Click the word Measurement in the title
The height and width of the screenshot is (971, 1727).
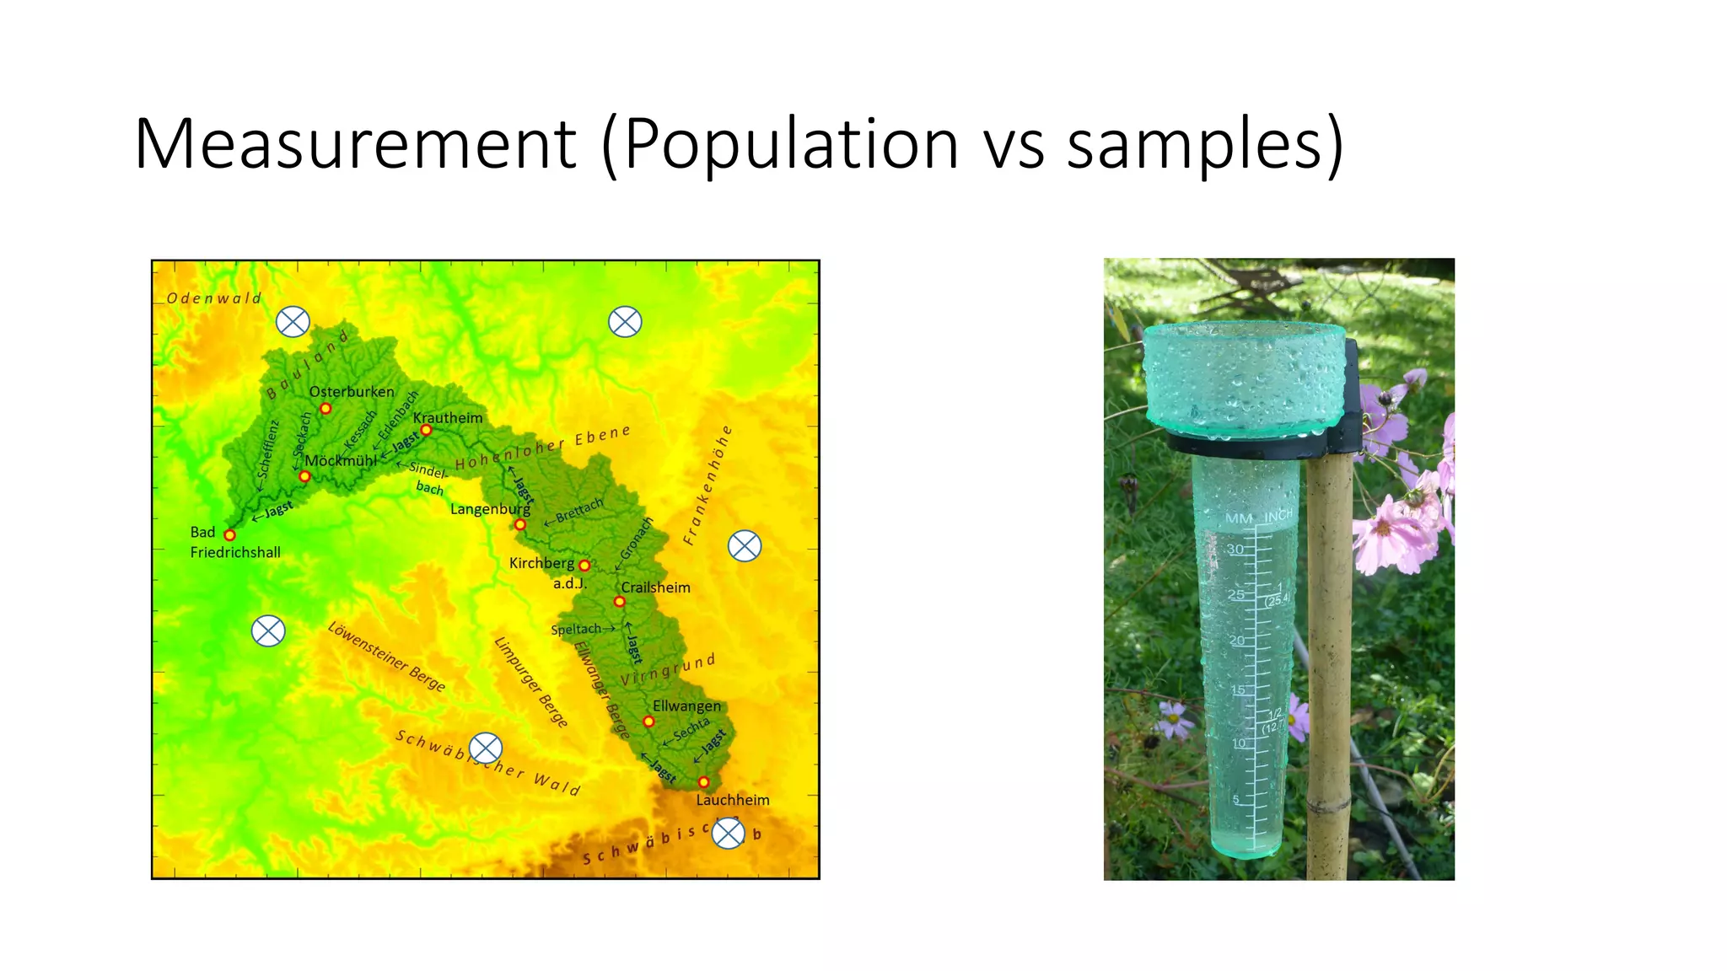pos(355,144)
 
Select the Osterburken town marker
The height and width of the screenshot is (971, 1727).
pos(325,409)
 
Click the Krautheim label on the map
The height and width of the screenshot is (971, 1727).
pos(448,418)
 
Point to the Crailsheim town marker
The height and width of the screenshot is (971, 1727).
pos(619,602)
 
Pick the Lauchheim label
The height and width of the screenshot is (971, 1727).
pos(732,800)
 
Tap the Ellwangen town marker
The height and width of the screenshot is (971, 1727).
pos(648,722)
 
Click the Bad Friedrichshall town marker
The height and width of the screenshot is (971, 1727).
pos(229,535)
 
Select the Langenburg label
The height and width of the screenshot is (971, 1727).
pos(490,509)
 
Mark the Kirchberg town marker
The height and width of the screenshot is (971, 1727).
pos(584,566)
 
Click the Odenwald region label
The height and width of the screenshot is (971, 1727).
pos(214,298)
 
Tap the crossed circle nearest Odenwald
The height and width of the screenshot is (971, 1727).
pos(293,321)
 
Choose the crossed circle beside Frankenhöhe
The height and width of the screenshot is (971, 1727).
pos(745,546)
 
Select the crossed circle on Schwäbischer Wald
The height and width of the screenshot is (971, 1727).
pos(486,748)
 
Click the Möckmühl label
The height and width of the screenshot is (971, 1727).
pos(341,461)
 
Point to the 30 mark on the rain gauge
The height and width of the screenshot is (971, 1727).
pos(1235,550)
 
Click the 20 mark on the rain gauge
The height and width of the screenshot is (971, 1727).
pos(1237,641)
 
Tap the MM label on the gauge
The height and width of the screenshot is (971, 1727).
pos(1239,518)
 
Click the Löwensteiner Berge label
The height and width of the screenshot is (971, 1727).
pos(386,657)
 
